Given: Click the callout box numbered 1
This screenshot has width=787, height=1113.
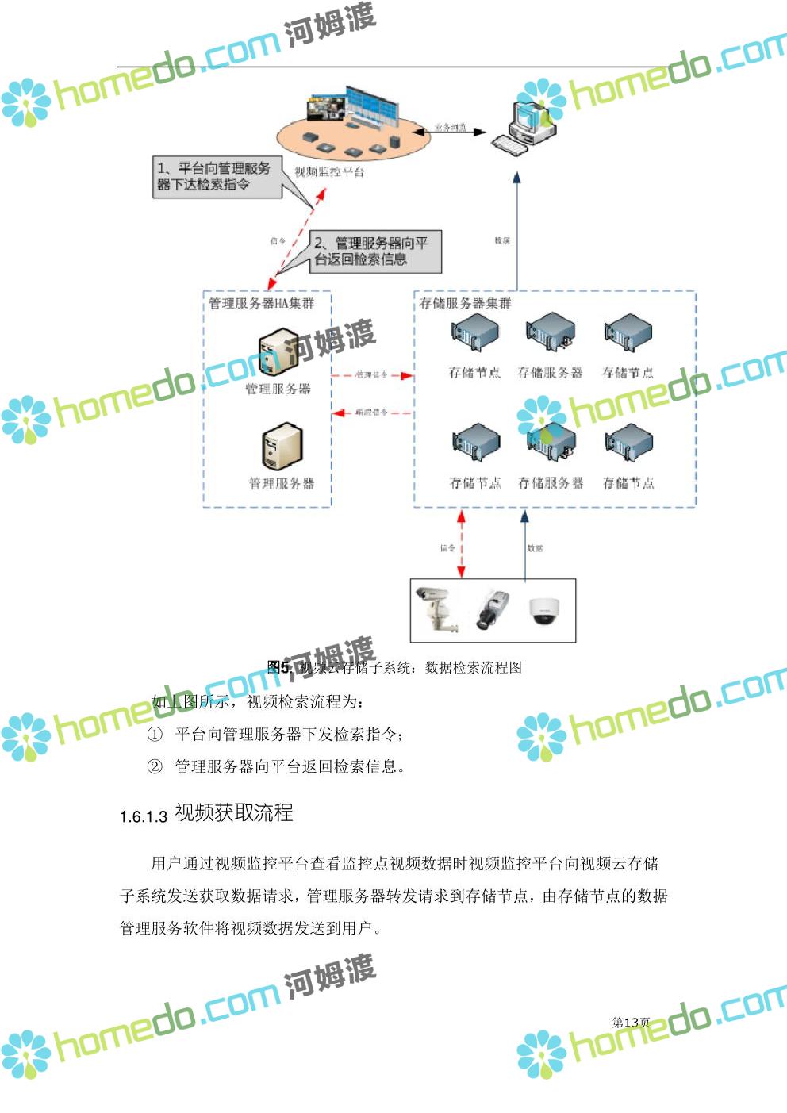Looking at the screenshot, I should point(217,177).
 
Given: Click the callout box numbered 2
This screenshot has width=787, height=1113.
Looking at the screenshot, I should point(374,251).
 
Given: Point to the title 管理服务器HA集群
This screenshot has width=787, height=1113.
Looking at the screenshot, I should point(261,304).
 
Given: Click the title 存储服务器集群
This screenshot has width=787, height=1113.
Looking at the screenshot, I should point(465,304).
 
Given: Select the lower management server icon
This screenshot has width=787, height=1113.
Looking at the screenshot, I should point(282,446).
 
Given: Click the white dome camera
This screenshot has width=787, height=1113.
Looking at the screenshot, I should point(543,610).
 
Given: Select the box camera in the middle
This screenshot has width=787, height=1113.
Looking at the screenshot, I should point(492,609).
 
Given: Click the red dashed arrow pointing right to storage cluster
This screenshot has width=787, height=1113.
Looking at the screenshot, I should point(372,375).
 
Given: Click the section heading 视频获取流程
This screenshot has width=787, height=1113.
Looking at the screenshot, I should point(234,813).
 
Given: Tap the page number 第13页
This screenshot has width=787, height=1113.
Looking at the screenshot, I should point(631,1023).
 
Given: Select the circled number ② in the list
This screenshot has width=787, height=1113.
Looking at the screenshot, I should point(155,766).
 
